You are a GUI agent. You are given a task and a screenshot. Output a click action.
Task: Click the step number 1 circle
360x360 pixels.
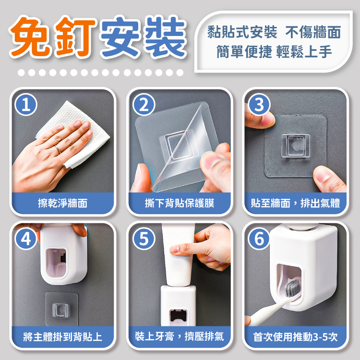26,105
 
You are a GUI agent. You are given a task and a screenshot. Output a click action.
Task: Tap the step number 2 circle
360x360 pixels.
144,105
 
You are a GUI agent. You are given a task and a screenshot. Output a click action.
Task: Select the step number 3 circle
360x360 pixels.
259,105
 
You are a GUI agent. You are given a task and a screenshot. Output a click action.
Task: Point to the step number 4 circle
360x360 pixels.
26,239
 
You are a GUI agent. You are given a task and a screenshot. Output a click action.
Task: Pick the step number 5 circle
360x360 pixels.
144,239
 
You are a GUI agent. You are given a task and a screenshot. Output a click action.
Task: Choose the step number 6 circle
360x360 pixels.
259,239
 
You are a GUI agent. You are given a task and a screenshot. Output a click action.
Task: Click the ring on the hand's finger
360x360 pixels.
58,149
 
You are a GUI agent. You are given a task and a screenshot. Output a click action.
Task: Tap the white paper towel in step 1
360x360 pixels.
76,129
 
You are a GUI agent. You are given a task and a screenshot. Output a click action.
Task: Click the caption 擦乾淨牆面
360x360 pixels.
63,204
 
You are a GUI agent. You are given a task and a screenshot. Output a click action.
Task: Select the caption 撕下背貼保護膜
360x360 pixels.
180,204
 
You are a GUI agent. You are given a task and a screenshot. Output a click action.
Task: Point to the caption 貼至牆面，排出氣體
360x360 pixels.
296,204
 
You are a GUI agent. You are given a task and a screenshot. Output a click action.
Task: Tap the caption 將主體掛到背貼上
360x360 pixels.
63,337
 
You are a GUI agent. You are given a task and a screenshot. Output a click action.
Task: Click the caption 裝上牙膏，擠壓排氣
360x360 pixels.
180,337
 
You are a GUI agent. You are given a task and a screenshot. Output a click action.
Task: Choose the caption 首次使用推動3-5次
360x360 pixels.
296,337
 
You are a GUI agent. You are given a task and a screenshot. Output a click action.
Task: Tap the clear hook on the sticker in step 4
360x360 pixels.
60,310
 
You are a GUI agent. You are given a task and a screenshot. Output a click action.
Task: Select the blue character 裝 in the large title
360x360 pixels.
164,37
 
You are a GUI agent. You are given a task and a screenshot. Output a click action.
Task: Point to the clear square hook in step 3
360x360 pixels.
296,146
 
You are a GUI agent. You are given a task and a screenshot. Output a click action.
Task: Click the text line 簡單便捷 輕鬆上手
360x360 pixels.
274,52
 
